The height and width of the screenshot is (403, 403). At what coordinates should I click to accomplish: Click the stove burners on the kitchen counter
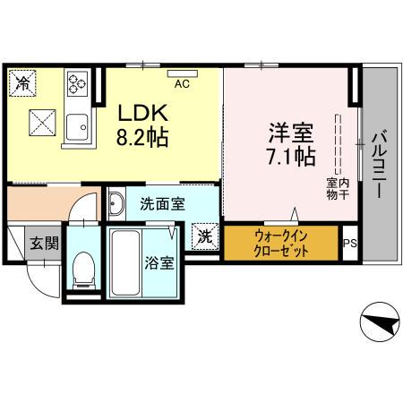[75, 87]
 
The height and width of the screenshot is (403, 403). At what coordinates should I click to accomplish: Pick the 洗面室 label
[162, 203]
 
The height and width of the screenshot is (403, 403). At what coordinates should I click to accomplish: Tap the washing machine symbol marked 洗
[205, 237]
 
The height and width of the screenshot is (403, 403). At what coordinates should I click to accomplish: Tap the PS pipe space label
[349, 242]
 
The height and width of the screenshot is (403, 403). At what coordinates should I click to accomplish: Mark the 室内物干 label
[337, 188]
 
